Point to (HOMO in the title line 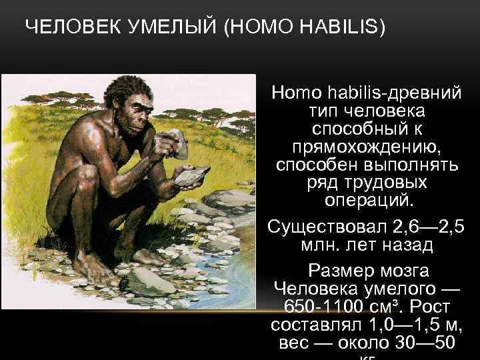tap(256, 29)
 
